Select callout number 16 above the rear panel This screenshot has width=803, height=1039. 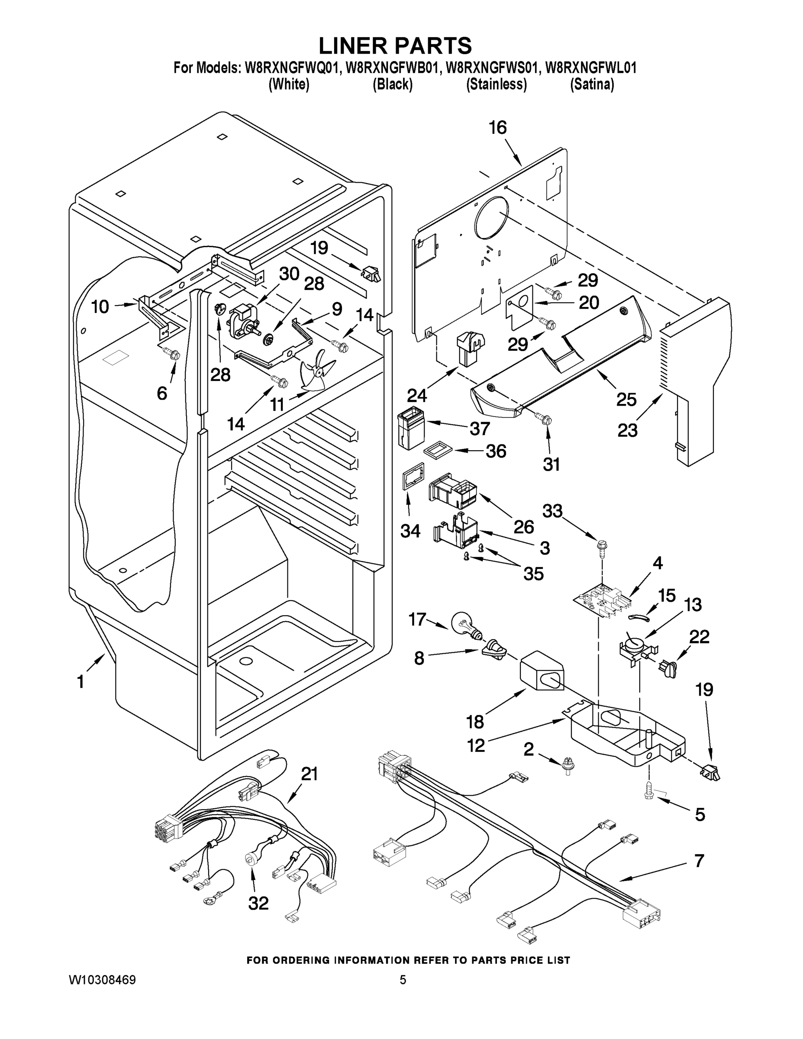coord(497,128)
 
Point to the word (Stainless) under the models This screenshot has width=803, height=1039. coord(496,84)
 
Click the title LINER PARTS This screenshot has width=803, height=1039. coord(395,45)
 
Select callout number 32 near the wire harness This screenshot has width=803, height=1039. coord(258,903)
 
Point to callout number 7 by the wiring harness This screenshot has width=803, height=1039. coord(699,861)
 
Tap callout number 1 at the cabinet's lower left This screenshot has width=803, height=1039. coord(81,681)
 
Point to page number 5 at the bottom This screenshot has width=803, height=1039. coord(403,980)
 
